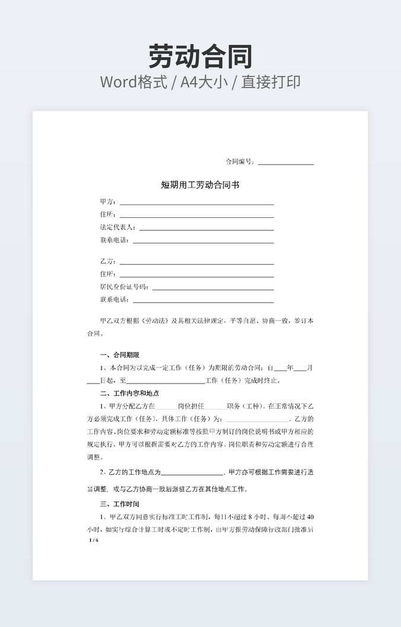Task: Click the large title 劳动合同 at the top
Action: click(x=200, y=56)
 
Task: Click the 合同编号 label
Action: click(x=239, y=161)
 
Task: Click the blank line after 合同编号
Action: click(x=286, y=163)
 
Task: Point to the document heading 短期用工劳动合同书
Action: click(x=200, y=185)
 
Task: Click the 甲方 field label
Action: click(x=107, y=202)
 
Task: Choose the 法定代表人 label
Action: click(x=117, y=227)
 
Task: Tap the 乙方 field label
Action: click(x=107, y=261)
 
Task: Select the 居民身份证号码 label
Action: click(x=124, y=287)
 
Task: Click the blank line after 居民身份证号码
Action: click(x=213, y=289)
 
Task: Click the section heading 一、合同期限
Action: click(x=120, y=355)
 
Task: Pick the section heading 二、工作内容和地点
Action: click(x=130, y=393)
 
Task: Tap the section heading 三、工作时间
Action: click(x=120, y=504)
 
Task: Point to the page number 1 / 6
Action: click(x=94, y=540)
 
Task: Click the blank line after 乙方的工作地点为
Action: click(x=192, y=473)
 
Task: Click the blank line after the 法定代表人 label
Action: click(x=206, y=229)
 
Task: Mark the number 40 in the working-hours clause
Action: click(x=311, y=517)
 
